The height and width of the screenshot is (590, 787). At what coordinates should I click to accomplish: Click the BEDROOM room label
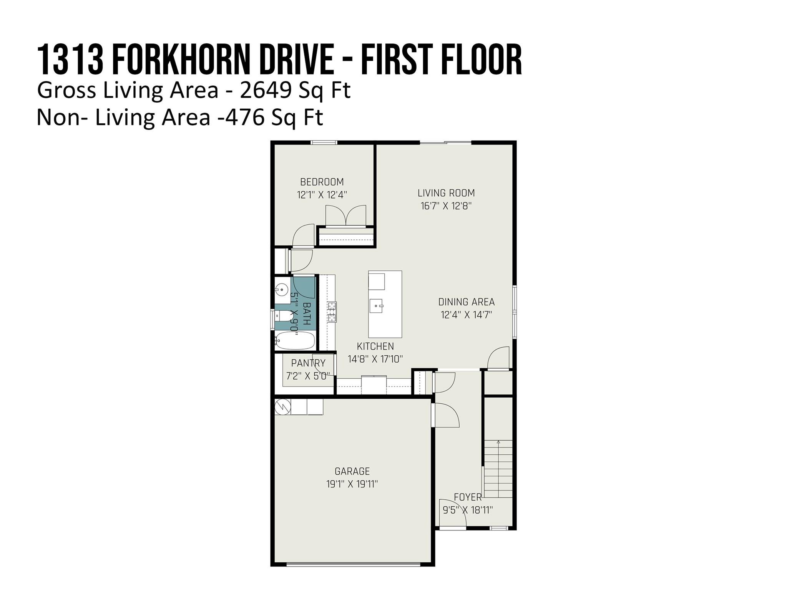(322, 182)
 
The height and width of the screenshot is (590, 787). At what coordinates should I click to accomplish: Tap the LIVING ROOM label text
(446, 193)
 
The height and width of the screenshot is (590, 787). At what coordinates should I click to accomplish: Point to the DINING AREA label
(466, 302)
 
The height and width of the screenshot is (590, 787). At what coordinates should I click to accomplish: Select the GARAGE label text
(352, 471)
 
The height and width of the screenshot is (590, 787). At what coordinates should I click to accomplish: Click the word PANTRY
(308, 363)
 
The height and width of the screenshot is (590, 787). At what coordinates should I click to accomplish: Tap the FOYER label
(468, 497)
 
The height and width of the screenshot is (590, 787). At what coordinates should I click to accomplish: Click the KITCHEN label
(375, 346)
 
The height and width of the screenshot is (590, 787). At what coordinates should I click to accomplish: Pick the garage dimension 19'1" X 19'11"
(352, 484)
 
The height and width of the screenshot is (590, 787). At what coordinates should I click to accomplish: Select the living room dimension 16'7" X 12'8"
(446, 206)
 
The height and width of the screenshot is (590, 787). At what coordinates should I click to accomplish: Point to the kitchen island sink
(377, 306)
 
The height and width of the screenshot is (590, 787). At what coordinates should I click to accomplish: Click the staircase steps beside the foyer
(498, 469)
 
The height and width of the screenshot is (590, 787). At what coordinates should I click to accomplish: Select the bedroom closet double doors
(346, 215)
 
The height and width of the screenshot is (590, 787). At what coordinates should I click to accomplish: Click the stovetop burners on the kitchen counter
(332, 312)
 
